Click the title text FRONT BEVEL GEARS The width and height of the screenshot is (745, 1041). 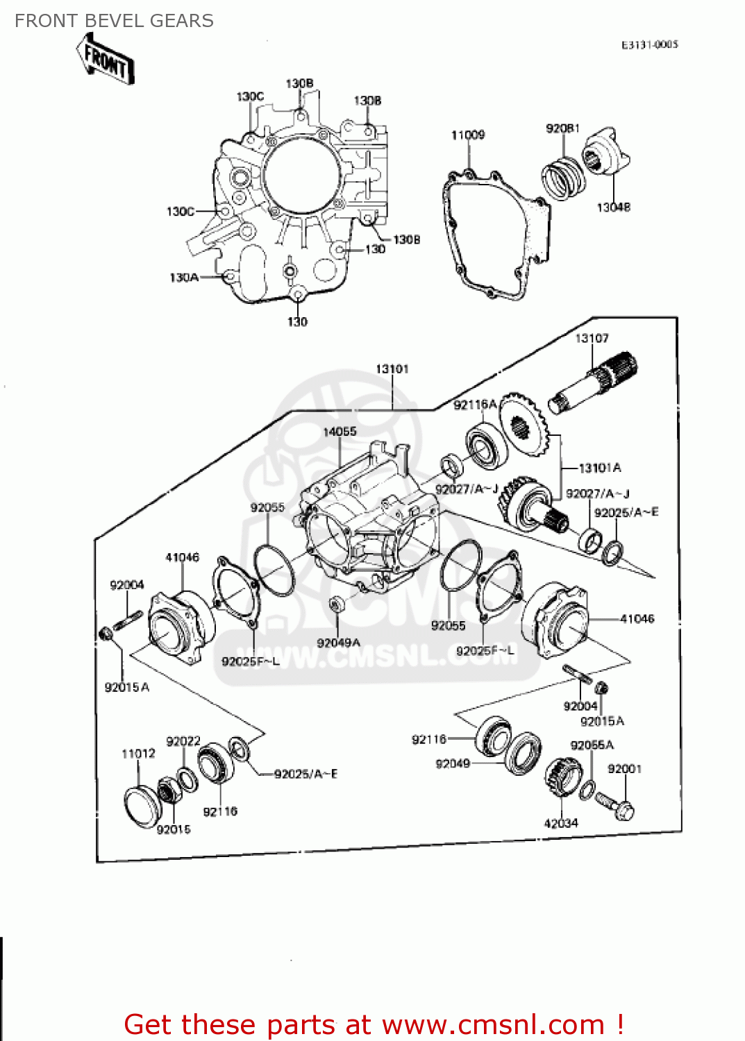tap(114, 21)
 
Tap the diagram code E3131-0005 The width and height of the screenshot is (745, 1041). tap(649, 44)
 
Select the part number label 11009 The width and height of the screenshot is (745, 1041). tap(468, 135)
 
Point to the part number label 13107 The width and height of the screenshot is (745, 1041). tap(592, 338)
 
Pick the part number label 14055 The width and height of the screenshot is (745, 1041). tap(340, 432)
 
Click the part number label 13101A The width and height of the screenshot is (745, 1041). tap(600, 468)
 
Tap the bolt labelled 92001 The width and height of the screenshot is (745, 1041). tap(617, 806)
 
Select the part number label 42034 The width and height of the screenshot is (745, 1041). tap(561, 823)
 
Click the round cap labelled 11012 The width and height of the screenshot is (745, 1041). tap(142, 807)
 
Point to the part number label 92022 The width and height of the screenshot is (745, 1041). tap(183, 741)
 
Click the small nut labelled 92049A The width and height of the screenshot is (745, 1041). tap(335, 604)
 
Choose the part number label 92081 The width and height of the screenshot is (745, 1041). tap(562, 128)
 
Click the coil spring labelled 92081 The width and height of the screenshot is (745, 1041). tap(563, 178)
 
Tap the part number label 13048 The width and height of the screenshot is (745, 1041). tap(614, 207)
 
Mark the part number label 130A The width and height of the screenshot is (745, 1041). tap(184, 278)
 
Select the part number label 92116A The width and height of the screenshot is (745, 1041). tap(475, 405)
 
